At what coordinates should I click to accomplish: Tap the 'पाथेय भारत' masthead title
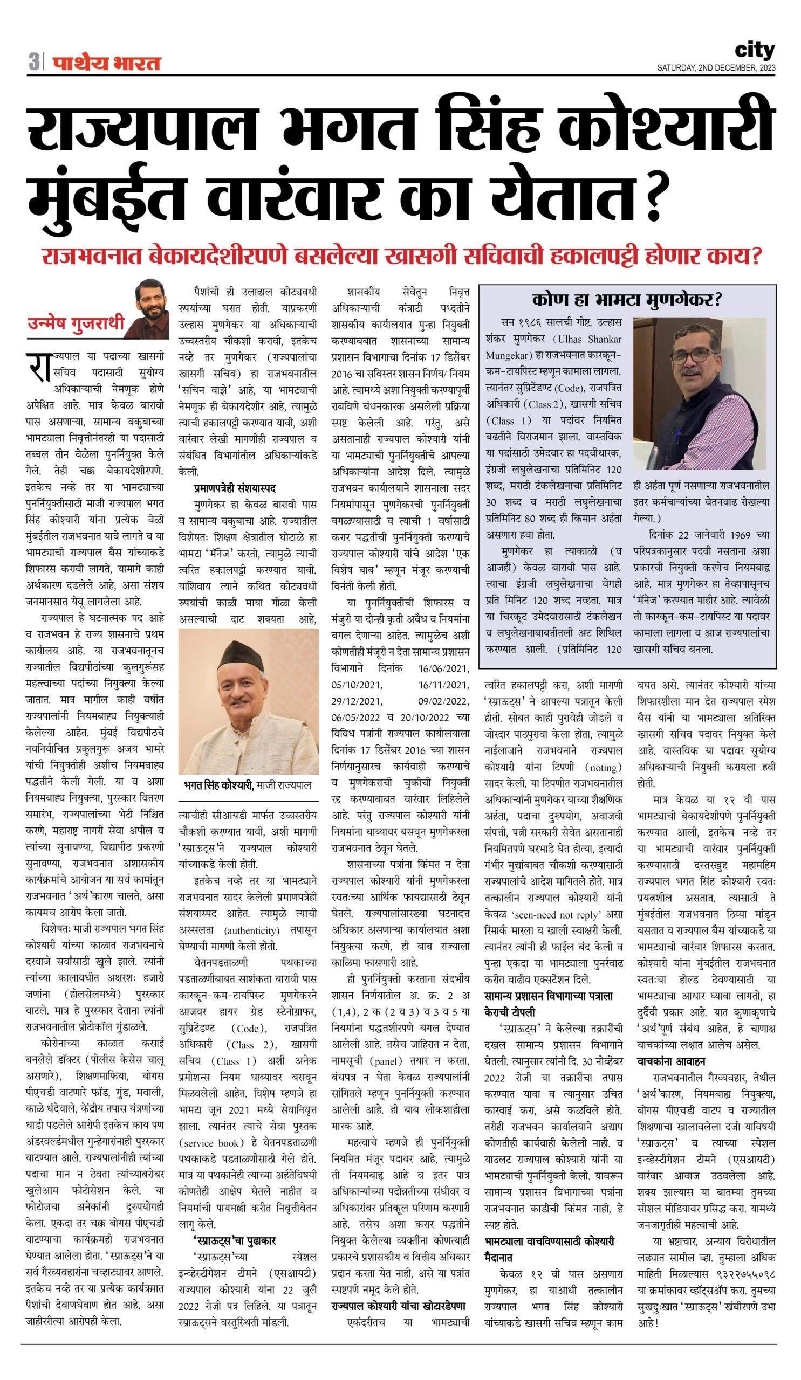click(x=107, y=63)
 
